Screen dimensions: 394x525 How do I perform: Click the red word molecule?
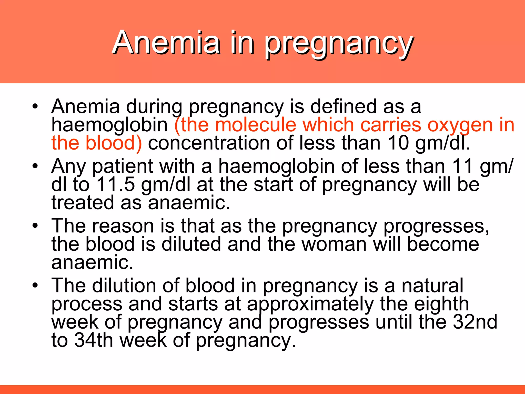pyautogui.click(x=255, y=125)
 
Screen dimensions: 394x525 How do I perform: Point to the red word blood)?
pyautogui.click(x=113, y=143)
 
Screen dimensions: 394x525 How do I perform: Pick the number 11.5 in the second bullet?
pyautogui.click(x=116, y=184)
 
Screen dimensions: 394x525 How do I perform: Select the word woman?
pyautogui.click(x=334, y=244)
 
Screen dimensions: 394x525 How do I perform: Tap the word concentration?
pyautogui.click(x=209, y=143)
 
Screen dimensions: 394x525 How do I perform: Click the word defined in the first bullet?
pyautogui.click(x=344, y=106)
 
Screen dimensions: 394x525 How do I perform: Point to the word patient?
pyautogui.click(x=123, y=167)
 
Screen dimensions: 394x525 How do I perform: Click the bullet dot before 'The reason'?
pyautogui.click(x=35, y=226)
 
